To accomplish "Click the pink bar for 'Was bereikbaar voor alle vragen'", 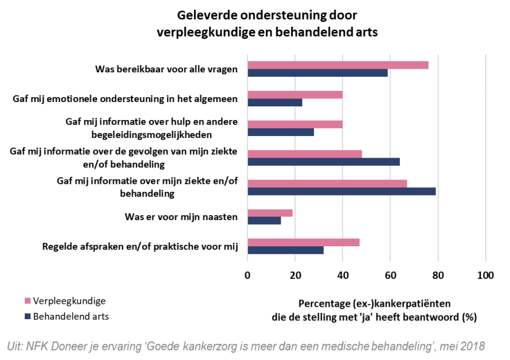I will pyautogui.click(x=338, y=66).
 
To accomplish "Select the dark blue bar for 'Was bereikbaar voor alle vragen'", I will pyautogui.click(x=318, y=73).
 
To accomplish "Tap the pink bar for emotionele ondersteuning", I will pyautogui.click(x=295, y=95).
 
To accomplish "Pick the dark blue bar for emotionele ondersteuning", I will pyautogui.click(x=274, y=103).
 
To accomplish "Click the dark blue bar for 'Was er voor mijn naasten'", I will pyautogui.click(x=264, y=220).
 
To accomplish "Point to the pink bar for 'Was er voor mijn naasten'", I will pyautogui.click(x=270, y=213).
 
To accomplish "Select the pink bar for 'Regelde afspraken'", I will pyautogui.click(x=303, y=242).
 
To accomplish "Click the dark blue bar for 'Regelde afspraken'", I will pyautogui.click(x=286, y=250).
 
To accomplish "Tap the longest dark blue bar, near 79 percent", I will pyautogui.click(x=341, y=191).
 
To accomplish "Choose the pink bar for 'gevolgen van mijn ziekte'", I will pyautogui.click(x=305, y=154).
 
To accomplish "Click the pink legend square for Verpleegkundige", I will pyautogui.click(x=27, y=301).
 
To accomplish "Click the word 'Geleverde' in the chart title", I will pyautogui.click(x=208, y=14).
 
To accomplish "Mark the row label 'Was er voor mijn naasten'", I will pyautogui.click(x=182, y=216).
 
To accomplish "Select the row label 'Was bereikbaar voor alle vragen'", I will pyautogui.click(x=166, y=69).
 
